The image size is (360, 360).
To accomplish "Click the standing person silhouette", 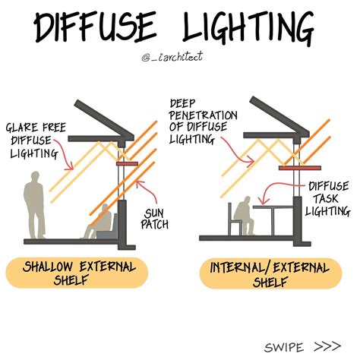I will click(x=33, y=206).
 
